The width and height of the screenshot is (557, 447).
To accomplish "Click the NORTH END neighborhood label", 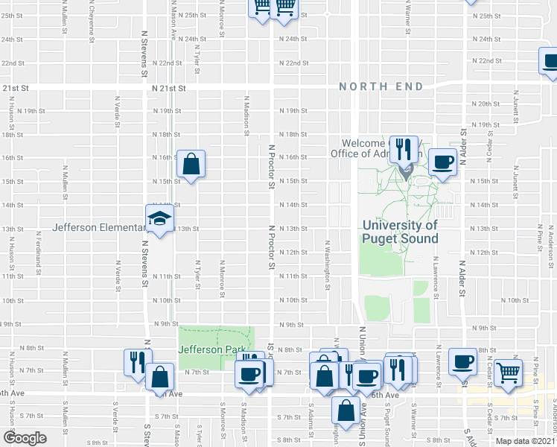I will click(x=381, y=86).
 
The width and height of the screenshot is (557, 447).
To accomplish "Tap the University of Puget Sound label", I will click(x=400, y=232).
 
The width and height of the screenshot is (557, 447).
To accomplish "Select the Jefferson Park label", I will click(x=200, y=349).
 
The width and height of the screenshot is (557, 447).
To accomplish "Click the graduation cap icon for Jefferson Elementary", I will click(x=160, y=218).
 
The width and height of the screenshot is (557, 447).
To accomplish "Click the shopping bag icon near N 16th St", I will click(x=191, y=163).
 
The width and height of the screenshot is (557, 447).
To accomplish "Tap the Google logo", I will click(x=25, y=438).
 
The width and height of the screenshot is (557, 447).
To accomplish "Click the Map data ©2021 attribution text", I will click(x=525, y=441).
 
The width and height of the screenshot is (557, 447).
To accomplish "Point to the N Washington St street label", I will click(x=327, y=262).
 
